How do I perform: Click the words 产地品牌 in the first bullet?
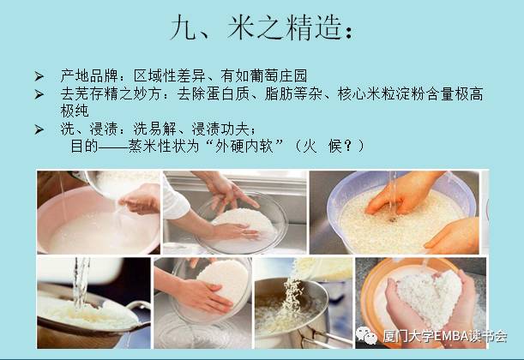[89, 75]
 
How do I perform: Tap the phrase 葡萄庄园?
[278, 75]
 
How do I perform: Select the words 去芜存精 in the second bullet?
[89, 94]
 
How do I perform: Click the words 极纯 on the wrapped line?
[75, 111]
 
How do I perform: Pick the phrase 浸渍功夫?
[220, 129]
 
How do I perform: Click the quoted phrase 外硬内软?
[244, 146]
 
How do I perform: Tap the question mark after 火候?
[348, 146]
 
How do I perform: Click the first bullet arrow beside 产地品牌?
[39, 76]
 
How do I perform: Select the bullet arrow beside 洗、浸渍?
[39, 129]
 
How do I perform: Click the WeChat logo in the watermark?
[366, 335]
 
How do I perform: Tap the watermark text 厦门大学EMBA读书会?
[445, 336]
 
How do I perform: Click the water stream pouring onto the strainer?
[81, 283]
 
